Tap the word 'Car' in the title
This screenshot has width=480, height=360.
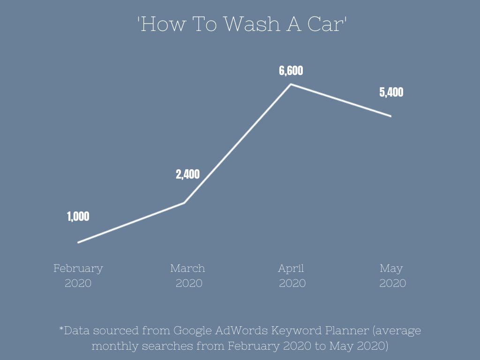pyautogui.click(x=327, y=24)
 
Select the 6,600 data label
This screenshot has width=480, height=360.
pyautogui.click(x=291, y=71)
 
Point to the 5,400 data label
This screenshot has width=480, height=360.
pyautogui.click(x=391, y=92)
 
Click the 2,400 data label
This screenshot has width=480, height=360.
pyautogui.click(x=187, y=175)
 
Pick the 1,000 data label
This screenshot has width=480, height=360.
pyautogui.click(x=78, y=217)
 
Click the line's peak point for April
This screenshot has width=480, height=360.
pyautogui.click(x=291, y=84)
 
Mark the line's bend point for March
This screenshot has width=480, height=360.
pyautogui.click(x=184, y=203)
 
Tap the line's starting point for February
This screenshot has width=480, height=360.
pyautogui.click(x=78, y=242)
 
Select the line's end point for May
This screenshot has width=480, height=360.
pyautogui.click(x=391, y=116)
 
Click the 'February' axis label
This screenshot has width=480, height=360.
pyautogui.click(x=78, y=269)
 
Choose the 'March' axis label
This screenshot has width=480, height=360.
pyautogui.click(x=187, y=269)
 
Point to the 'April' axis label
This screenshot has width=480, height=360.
pyautogui.click(x=291, y=269)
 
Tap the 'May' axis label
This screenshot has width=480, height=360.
pyautogui.click(x=391, y=269)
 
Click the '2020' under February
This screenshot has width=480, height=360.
pyautogui.click(x=78, y=283)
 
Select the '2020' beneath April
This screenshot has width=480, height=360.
pyautogui.click(x=292, y=283)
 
